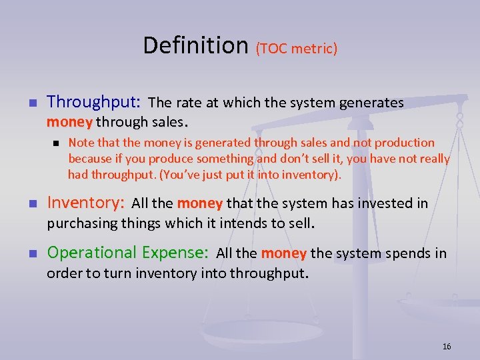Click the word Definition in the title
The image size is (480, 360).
(195, 45)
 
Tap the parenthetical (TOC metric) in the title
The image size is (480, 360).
(296, 48)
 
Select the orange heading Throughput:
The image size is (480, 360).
(93, 102)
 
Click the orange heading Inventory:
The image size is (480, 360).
(85, 203)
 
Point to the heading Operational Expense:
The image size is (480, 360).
(128, 253)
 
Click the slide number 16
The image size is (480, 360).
(447, 346)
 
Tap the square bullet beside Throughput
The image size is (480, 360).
(31, 103)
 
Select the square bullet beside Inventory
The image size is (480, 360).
(31, 204)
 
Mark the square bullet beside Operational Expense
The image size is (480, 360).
(31, 254)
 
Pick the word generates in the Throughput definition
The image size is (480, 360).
(371, 103)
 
